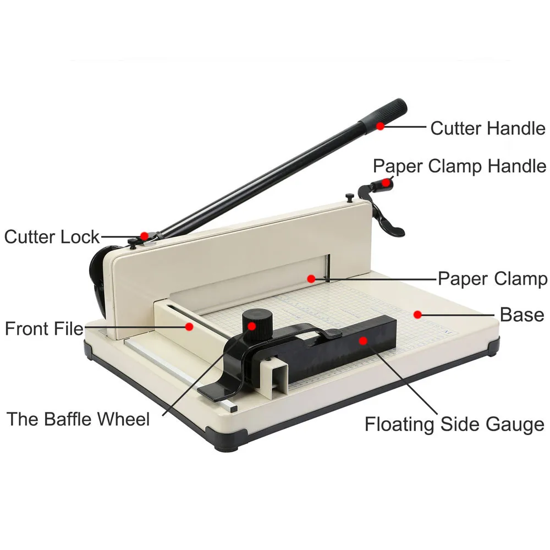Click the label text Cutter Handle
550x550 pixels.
tap(487, 128)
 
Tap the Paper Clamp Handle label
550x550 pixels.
tap(459, 166)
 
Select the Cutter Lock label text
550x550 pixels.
tap(52, 237)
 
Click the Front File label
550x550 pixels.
tap(44, 329)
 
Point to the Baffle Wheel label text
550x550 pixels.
tap(78, 419)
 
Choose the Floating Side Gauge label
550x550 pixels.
tap(454, 424)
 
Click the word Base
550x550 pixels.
tap(522, 315)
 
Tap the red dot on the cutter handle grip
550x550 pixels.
tap(380, 126)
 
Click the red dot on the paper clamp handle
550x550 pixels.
tap(388, 182)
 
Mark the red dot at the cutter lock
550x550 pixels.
tap(144, 235)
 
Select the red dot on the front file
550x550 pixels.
tap(189, 326)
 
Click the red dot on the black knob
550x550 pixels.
tap(252, 326)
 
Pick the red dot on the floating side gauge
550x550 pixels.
tap(363, 340)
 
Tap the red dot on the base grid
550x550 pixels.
tap(417, 315)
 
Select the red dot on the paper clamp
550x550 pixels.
tap(311, 278)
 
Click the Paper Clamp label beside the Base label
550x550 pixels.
tap(492, 278)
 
